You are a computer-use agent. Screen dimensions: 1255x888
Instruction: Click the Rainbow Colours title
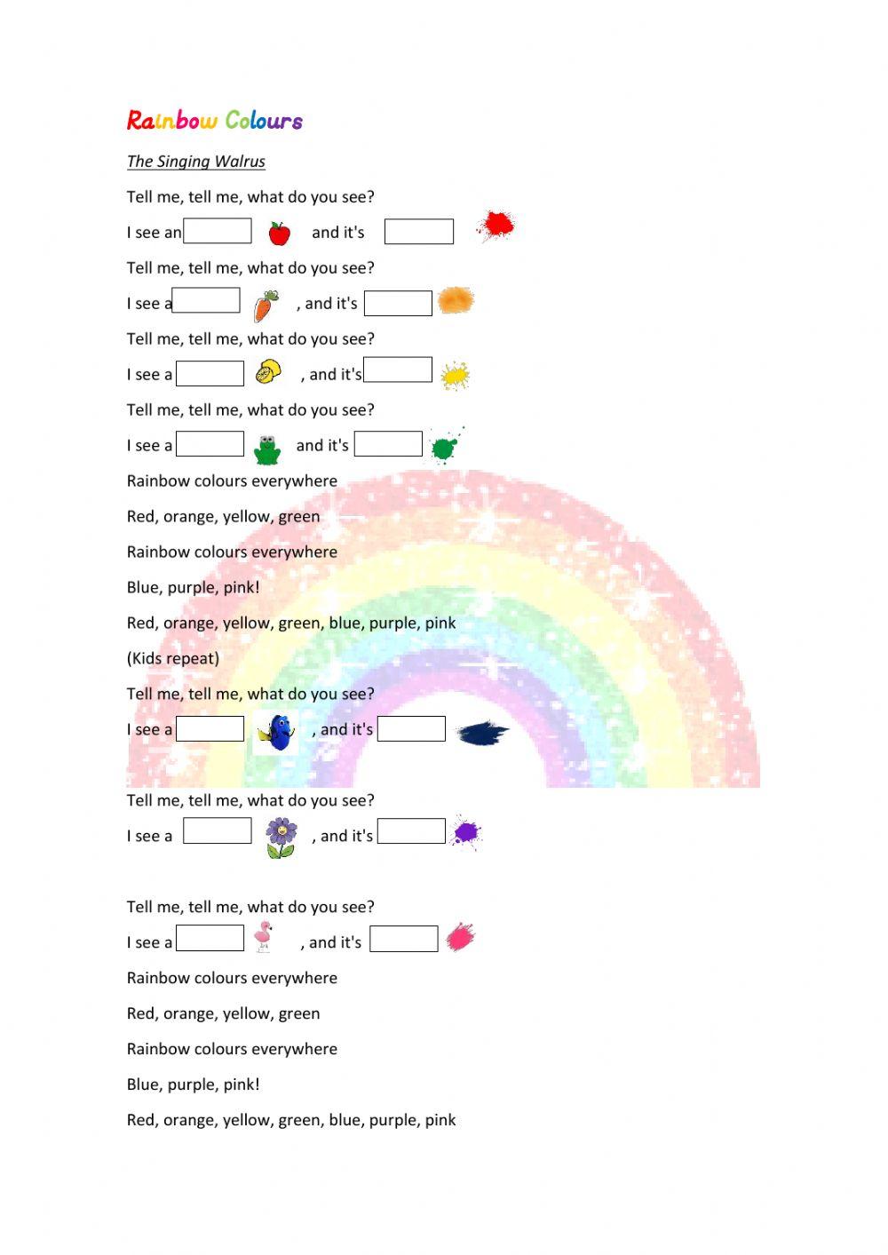tap(215, 120)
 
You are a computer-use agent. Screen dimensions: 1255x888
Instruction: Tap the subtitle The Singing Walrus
tap(196, 161)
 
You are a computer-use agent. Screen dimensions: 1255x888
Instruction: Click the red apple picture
tap(279, 233)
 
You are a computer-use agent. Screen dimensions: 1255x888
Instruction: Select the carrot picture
tap(266, 305)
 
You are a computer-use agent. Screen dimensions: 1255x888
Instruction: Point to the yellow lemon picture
tap(267, 371)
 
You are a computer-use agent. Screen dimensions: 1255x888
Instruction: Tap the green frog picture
tap(266, 449)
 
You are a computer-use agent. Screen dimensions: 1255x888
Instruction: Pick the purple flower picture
tap(281, 838)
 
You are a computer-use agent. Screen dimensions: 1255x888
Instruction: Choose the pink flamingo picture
tap(263, 937)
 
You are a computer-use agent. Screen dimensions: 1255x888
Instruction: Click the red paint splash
tap(495, 226)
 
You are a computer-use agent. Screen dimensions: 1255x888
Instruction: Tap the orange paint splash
tap(456, 300)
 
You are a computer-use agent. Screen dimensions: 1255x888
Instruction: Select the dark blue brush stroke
tap(482, 734)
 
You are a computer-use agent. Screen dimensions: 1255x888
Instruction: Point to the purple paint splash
tap(465, 832)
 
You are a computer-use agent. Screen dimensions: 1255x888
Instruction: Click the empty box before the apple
tap(218, 231)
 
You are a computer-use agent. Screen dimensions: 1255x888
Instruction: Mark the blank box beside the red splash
tap(419, 232)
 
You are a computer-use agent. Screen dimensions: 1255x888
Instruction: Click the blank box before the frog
tap(210, 444)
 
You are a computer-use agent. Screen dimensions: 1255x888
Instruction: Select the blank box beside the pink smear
tap(404, 939)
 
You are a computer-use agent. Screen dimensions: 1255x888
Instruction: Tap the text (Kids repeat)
tap(173, 658)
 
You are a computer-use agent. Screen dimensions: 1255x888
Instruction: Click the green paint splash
tap(443, 447)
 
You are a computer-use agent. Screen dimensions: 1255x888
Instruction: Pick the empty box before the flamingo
tap(210, 939)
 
